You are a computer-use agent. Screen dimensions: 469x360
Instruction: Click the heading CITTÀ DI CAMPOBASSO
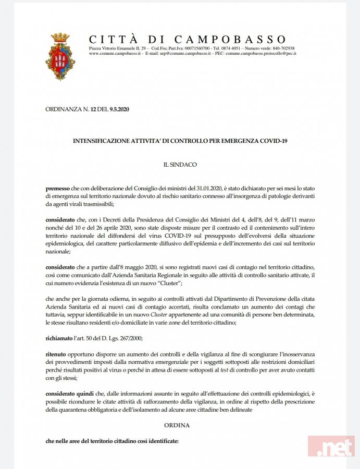(188, 40)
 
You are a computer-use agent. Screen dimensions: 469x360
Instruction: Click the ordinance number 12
(93, 108)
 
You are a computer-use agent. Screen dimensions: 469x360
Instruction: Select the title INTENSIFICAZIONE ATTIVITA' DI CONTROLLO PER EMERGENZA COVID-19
(180, 141)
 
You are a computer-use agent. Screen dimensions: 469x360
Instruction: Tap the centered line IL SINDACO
(180, 164)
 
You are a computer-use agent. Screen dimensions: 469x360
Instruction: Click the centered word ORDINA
(180, 425)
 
